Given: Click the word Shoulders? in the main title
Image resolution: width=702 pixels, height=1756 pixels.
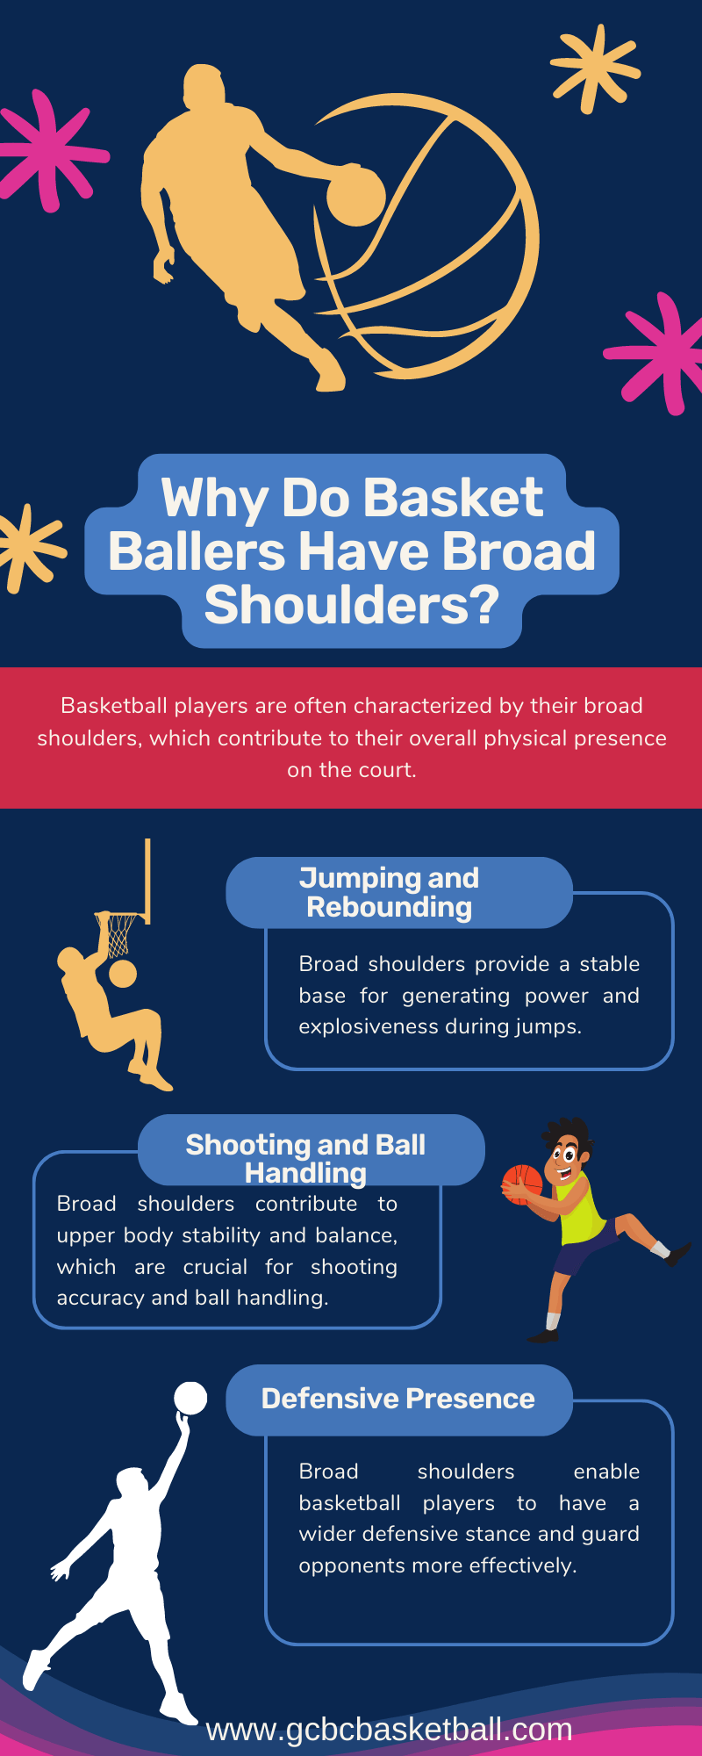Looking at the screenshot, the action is click(352, 606).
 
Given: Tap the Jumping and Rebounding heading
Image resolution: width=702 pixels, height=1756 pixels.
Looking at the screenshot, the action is click(390, 892).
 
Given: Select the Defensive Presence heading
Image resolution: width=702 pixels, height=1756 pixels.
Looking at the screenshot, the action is click(398, 1399).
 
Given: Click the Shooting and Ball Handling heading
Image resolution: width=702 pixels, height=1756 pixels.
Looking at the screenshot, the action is click(305, 1158).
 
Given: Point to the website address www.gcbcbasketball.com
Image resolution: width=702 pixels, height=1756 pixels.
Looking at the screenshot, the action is click(389, 1730).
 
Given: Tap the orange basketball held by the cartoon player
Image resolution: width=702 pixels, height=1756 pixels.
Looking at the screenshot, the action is click(522, 1185).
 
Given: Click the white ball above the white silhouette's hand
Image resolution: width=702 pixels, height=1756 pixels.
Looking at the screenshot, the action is click(190, 1398).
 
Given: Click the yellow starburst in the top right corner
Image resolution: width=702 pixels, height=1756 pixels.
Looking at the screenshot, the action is click(595, 68).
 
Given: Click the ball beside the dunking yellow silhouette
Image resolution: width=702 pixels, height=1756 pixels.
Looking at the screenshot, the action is click(123, 974).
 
